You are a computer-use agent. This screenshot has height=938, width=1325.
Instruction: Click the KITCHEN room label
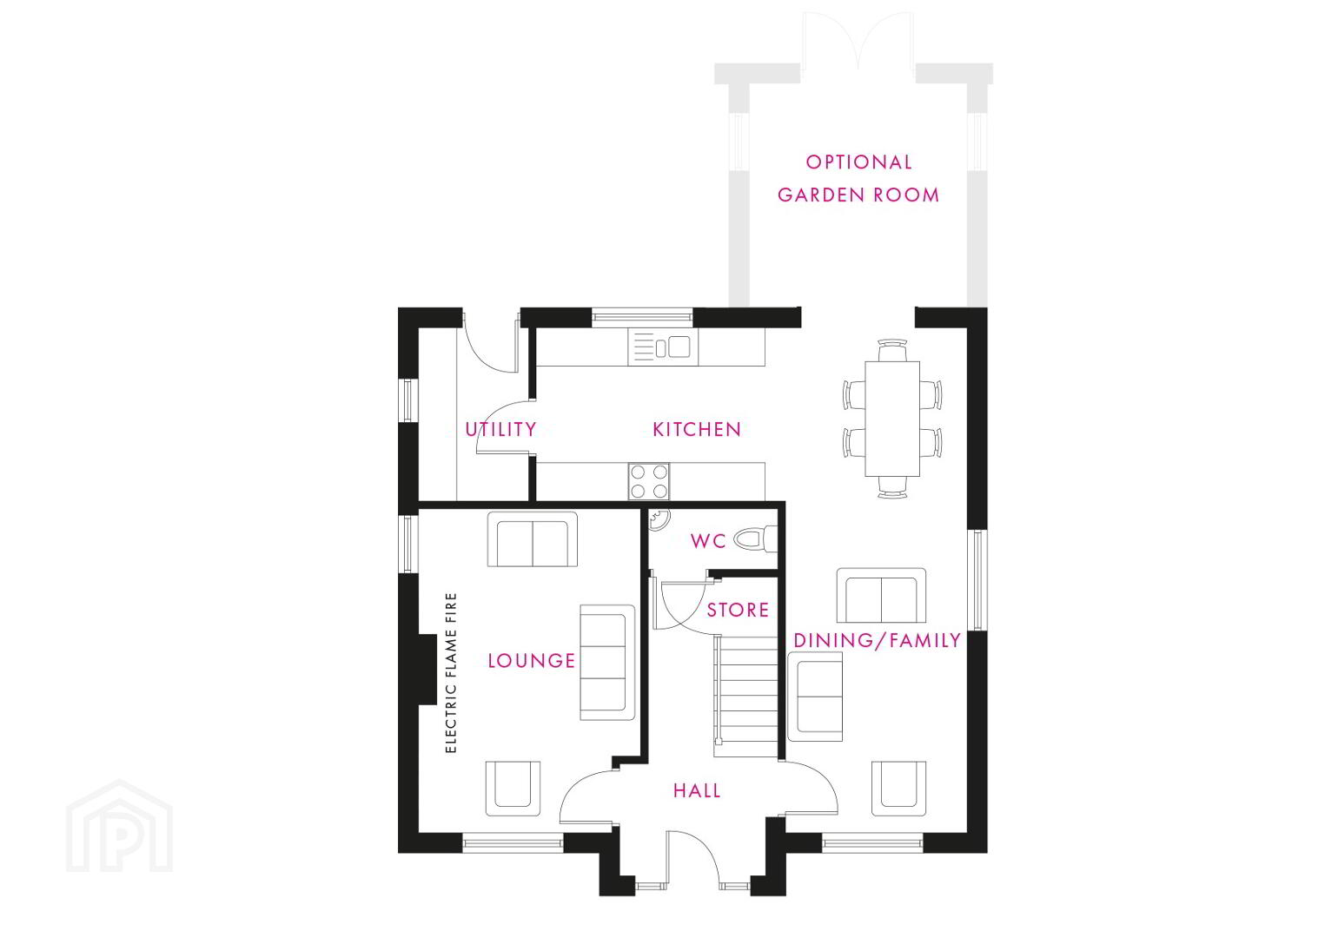[697, 429]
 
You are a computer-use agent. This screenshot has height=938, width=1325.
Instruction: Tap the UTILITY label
[500, 429]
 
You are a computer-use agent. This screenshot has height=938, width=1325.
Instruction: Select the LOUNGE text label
[531, 661]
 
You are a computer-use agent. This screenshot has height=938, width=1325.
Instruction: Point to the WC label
[708, 540]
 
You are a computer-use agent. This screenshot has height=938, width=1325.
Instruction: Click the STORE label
[738, 610]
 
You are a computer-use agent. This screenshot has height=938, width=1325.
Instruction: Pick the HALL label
[697, 790]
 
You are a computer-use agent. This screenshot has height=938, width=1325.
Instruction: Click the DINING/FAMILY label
[878, 640]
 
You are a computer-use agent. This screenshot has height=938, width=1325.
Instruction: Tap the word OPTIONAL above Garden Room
[859, 162]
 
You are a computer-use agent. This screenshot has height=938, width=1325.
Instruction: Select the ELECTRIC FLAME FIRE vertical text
[451, 673]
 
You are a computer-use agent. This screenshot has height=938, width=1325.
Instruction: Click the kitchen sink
[663, 347]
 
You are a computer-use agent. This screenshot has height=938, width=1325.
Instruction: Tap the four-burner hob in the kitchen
[649, 481]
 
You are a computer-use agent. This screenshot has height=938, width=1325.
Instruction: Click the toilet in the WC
[755, 538]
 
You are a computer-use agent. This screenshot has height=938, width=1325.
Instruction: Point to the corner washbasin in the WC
[658, 519]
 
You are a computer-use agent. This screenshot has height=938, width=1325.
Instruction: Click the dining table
[892, 419]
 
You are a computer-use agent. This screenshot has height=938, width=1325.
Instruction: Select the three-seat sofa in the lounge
[607, 663]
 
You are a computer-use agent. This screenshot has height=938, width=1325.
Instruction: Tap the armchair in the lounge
[513, 789]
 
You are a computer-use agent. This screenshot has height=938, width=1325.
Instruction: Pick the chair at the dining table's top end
[892, 350]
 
